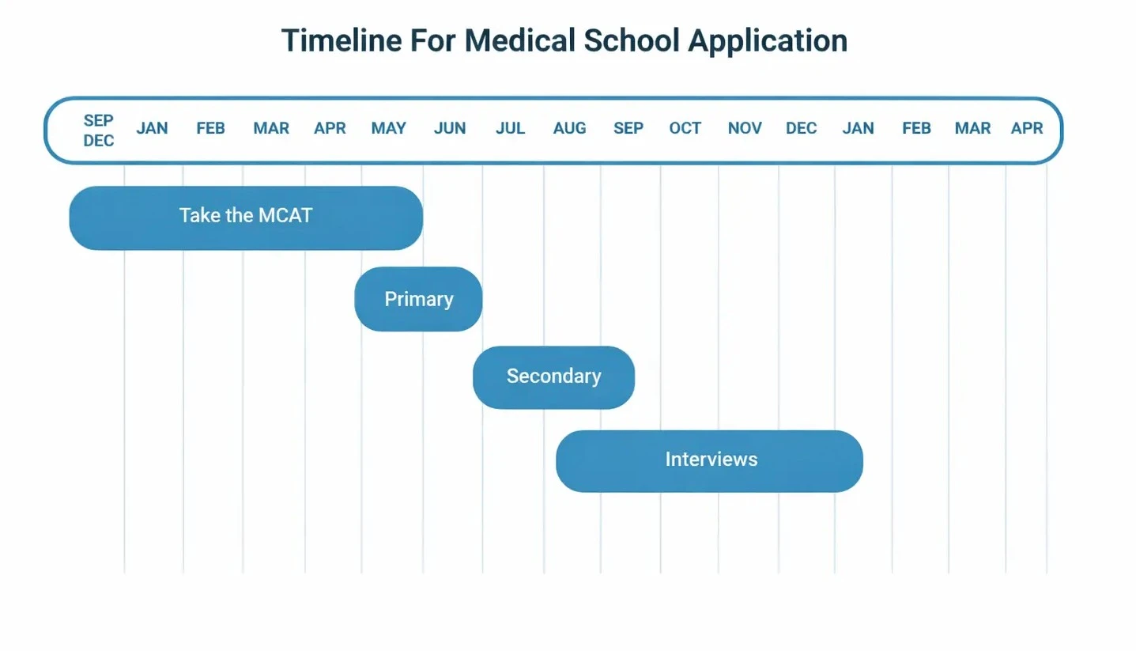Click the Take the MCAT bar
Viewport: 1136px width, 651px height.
point(246,218)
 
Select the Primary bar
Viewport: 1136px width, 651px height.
point(418,299)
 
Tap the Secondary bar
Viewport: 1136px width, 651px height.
point(553,377)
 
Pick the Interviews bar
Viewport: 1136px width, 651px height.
point(709,460)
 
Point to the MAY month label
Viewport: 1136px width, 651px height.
point(388,128)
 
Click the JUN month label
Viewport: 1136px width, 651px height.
point(449,128)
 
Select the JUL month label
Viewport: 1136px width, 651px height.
point(510,128)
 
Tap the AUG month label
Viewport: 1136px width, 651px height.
point(569,128)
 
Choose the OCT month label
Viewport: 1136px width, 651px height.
point(685,128)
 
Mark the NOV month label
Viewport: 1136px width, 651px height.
point(744,128)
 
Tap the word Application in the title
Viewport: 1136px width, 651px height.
point(768,40)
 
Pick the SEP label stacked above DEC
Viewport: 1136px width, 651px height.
point(99,120)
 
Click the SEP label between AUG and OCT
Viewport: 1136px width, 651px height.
point(628,128)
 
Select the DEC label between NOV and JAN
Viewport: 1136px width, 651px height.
point(801,128)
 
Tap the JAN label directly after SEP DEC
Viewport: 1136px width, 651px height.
point(152,128)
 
